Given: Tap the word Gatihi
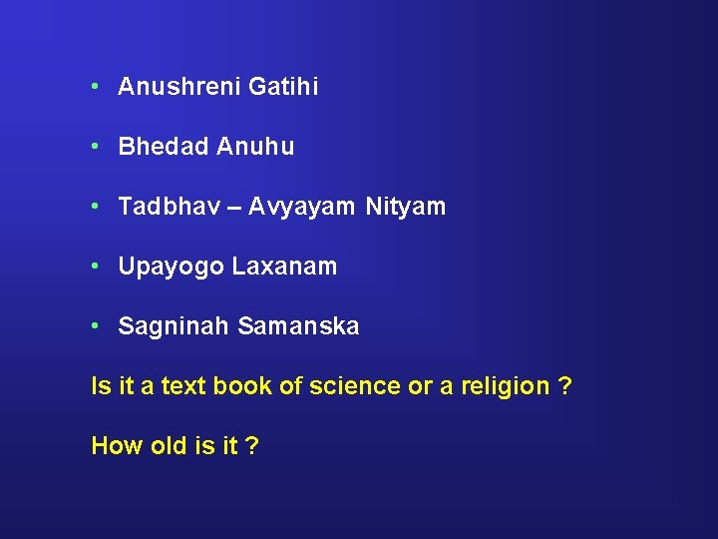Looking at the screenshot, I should pyautogui.click(x=284, y=88).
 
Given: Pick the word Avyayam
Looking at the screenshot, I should pyautogui.click(x=301, y=208).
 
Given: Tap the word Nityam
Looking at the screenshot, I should pyautogui.click(x=406, y=208).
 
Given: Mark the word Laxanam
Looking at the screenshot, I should pyautogui.click(x=285, y=268).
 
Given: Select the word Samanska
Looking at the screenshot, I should pyautogui.click(x=298, y=327).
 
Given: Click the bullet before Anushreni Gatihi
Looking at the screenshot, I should pyautogui.click(x=93, y=87).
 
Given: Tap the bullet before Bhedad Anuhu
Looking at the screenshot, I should pyautogui.click(x=93, y=147).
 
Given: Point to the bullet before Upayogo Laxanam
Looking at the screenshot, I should pyautogui.click(x=93, y=267).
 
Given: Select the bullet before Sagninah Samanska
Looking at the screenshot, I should pyautogui.click(x=93, y=326).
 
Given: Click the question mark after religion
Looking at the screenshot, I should pyautogui.click(x=565, y=386).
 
